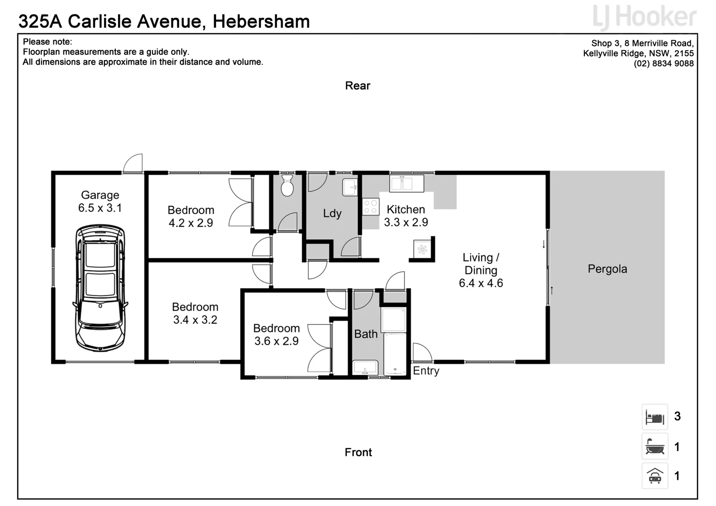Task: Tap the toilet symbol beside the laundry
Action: coord(287,186)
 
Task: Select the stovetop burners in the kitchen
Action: coord(371,207)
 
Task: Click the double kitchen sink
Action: coord(406,183)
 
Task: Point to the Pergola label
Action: coord(607,269)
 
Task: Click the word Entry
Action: coord(426,371)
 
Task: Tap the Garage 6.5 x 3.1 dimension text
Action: coord(100,208)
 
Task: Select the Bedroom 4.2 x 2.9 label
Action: coord(191,216)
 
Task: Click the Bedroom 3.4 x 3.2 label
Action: coord(195,313)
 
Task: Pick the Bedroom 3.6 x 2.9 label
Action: coord(276,335)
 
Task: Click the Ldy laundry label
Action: coord(332,213)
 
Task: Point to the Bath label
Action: coord(365,334)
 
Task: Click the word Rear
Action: coord(358,86)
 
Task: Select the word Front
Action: coord(358,452)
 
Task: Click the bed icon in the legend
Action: coord(655,417)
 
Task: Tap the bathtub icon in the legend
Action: coord(655,446)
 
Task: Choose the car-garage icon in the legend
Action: coord(655,476)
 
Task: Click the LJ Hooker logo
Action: coord(644,17)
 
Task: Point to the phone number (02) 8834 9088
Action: coord(664,64)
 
